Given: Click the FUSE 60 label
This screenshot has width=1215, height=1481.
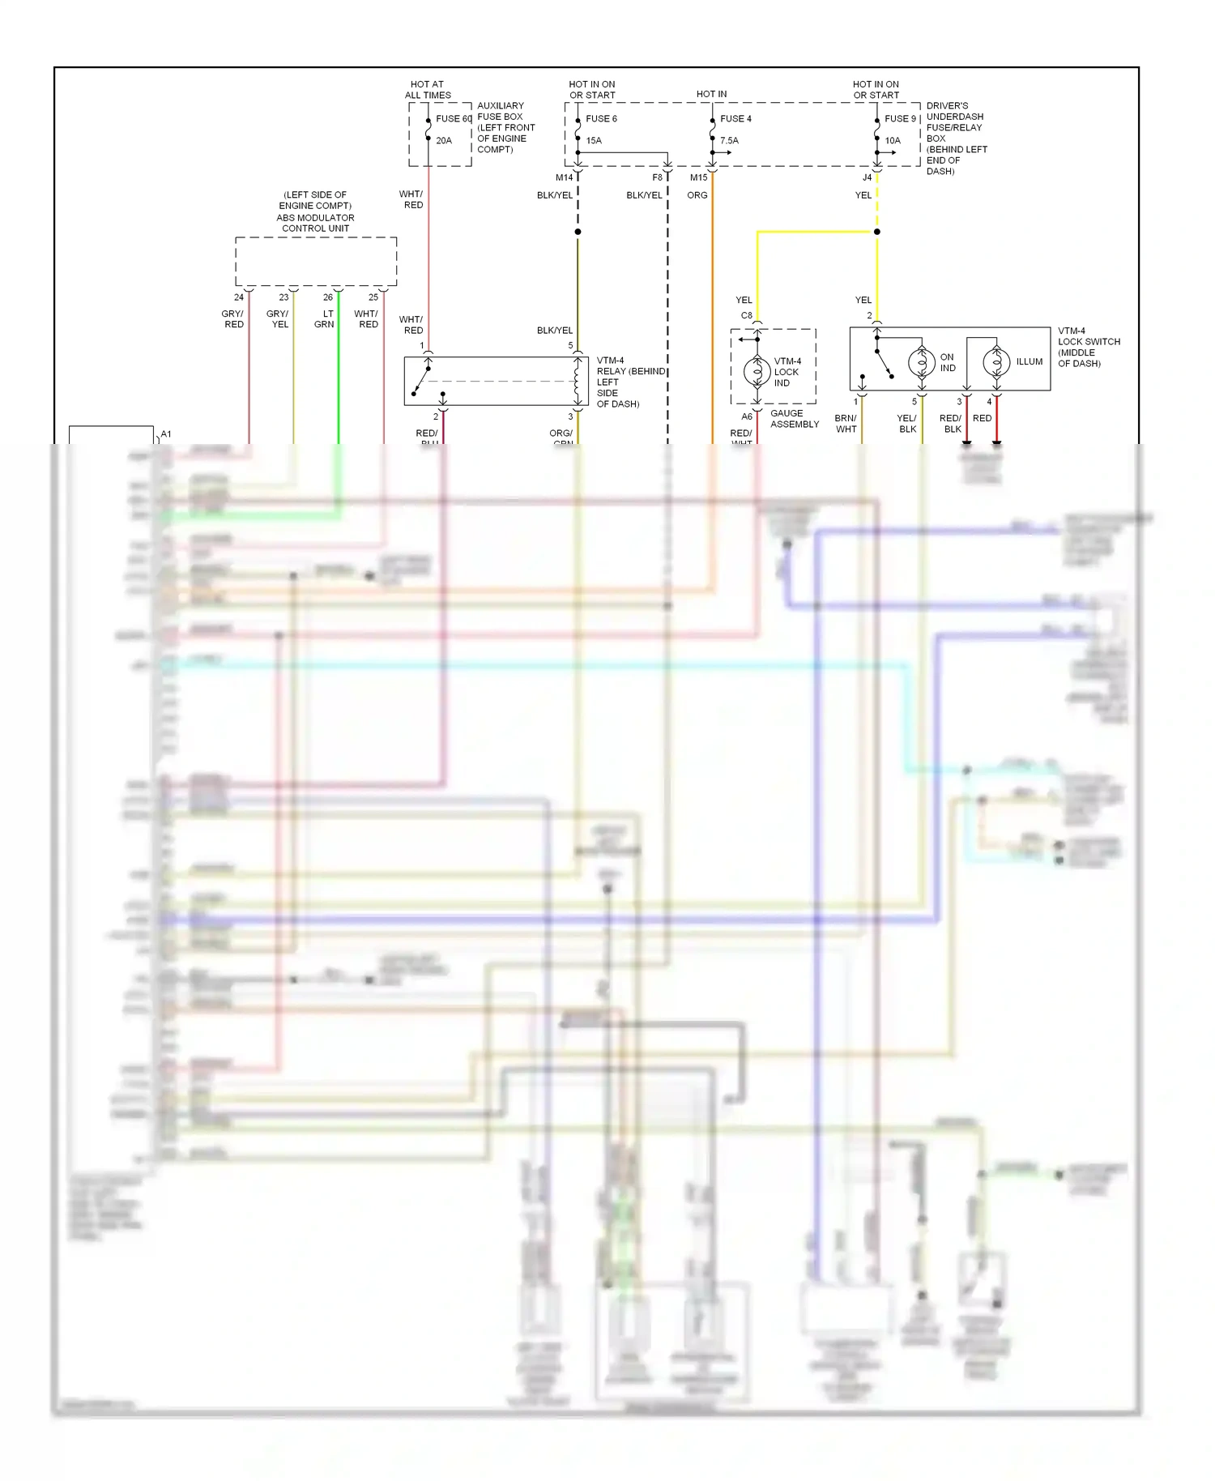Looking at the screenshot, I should click(x=454, y=119).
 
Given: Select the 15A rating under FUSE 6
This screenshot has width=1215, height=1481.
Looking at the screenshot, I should click(x=594, y=141).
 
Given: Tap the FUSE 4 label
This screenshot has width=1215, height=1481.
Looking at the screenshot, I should click(x=735, y=119).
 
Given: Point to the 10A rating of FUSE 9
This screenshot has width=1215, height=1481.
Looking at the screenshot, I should click(x=893, y=141).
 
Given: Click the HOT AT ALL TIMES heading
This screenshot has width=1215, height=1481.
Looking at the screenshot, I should click(x=428, y=90).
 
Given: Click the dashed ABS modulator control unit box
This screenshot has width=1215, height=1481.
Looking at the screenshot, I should click(x=316, y=262).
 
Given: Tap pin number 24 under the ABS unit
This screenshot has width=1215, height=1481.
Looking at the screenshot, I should click(x=239, y=297).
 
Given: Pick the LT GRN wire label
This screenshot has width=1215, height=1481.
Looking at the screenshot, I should click(x=325, y=319).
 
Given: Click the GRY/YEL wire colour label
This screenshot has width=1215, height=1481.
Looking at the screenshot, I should click(x=278, y=319).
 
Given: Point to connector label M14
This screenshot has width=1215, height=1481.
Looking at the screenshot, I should click(x=564, y=177).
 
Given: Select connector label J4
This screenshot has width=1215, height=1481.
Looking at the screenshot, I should click(x=867, y=177).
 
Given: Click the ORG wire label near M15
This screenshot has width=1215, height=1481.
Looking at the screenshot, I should click(x=697, y=195).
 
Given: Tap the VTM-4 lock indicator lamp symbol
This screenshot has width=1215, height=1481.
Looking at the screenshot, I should click(x=757, y=372).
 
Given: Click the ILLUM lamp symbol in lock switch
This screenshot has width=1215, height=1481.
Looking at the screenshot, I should click(x=996, y=362).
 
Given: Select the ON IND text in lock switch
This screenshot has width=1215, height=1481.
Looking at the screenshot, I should click(x=947, y=362).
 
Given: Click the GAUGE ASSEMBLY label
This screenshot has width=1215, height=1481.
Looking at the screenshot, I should click(x=794, y=419).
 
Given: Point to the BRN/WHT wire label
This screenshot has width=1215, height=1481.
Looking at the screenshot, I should click(x=846, y=424).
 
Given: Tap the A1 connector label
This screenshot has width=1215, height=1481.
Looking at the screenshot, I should click(x=166, y=434).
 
